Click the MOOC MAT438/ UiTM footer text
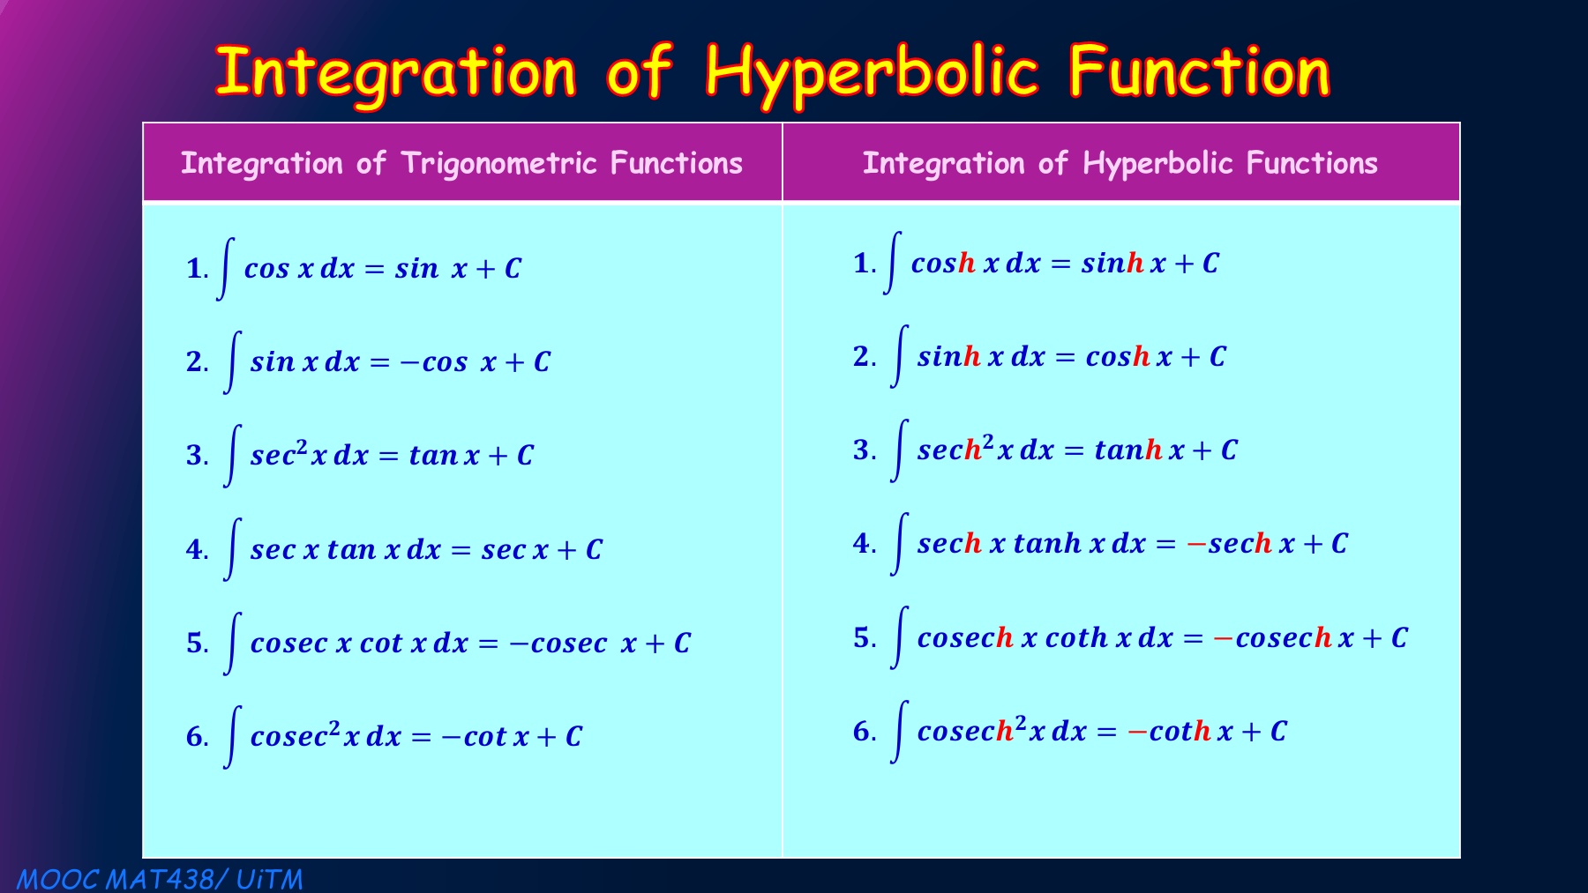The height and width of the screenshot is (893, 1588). point(160,879)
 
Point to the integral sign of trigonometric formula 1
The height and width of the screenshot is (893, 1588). point(226,268)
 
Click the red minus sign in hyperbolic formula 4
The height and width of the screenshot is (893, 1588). point(1196,544)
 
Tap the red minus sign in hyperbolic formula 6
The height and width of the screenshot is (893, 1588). point(1137,732)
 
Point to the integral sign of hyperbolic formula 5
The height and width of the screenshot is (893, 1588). point(899,637)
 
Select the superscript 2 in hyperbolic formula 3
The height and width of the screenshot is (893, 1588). point(988,440)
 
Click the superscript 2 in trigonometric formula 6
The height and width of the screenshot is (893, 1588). point(334,727)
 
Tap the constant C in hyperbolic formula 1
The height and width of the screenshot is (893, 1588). point(1210,263)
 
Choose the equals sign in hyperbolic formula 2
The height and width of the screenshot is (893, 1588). point(1065,357)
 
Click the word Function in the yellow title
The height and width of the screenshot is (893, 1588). point(1199,72)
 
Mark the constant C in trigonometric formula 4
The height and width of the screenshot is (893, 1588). point(594,549)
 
